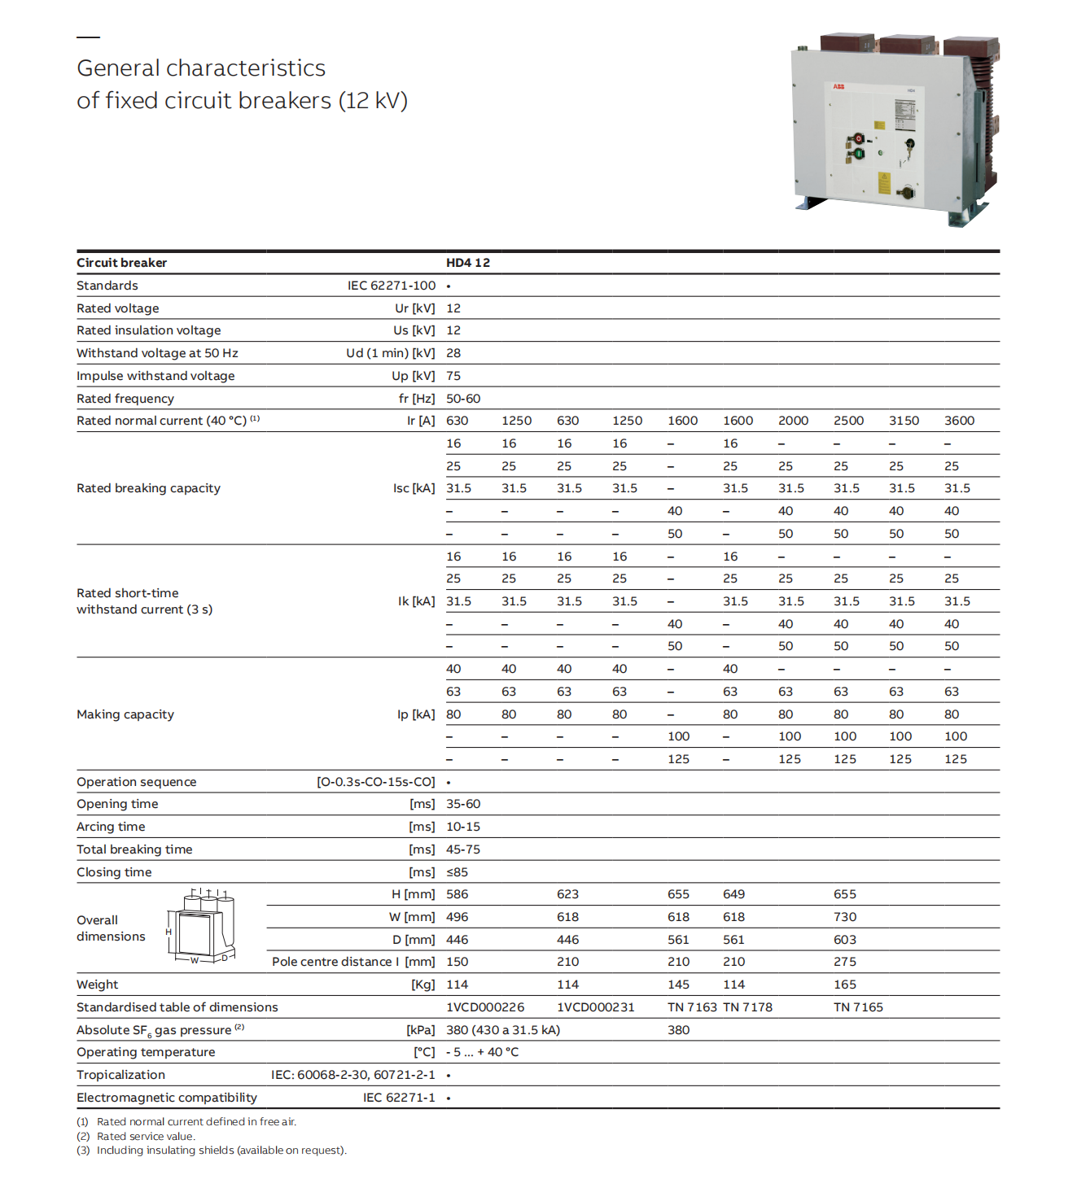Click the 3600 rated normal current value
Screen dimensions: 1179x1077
(959, 421)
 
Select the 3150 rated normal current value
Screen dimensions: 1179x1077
(904, 421)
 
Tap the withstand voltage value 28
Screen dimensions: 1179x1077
(453, 353)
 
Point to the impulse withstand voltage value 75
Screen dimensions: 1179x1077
(453, 376)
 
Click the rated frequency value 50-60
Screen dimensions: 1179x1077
(463, 399)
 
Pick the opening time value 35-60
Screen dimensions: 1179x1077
(463, 804)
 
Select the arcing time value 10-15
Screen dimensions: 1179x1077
(463, 827)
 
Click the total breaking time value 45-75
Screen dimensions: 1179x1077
(463, 849)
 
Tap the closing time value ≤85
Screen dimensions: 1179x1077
(457, 872)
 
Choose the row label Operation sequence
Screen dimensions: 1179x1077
(137, 782)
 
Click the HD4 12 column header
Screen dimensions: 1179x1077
(468, 263)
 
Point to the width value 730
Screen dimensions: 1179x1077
(845, 917)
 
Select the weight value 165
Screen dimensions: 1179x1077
(845, 985)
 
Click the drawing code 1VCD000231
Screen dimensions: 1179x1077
(595, 1007)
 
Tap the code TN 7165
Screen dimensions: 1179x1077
(858, 1007)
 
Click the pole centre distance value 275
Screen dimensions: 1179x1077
(845, 962)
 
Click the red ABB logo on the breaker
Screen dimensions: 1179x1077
(838, 86)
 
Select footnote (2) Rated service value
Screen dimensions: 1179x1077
(146, 1137)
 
